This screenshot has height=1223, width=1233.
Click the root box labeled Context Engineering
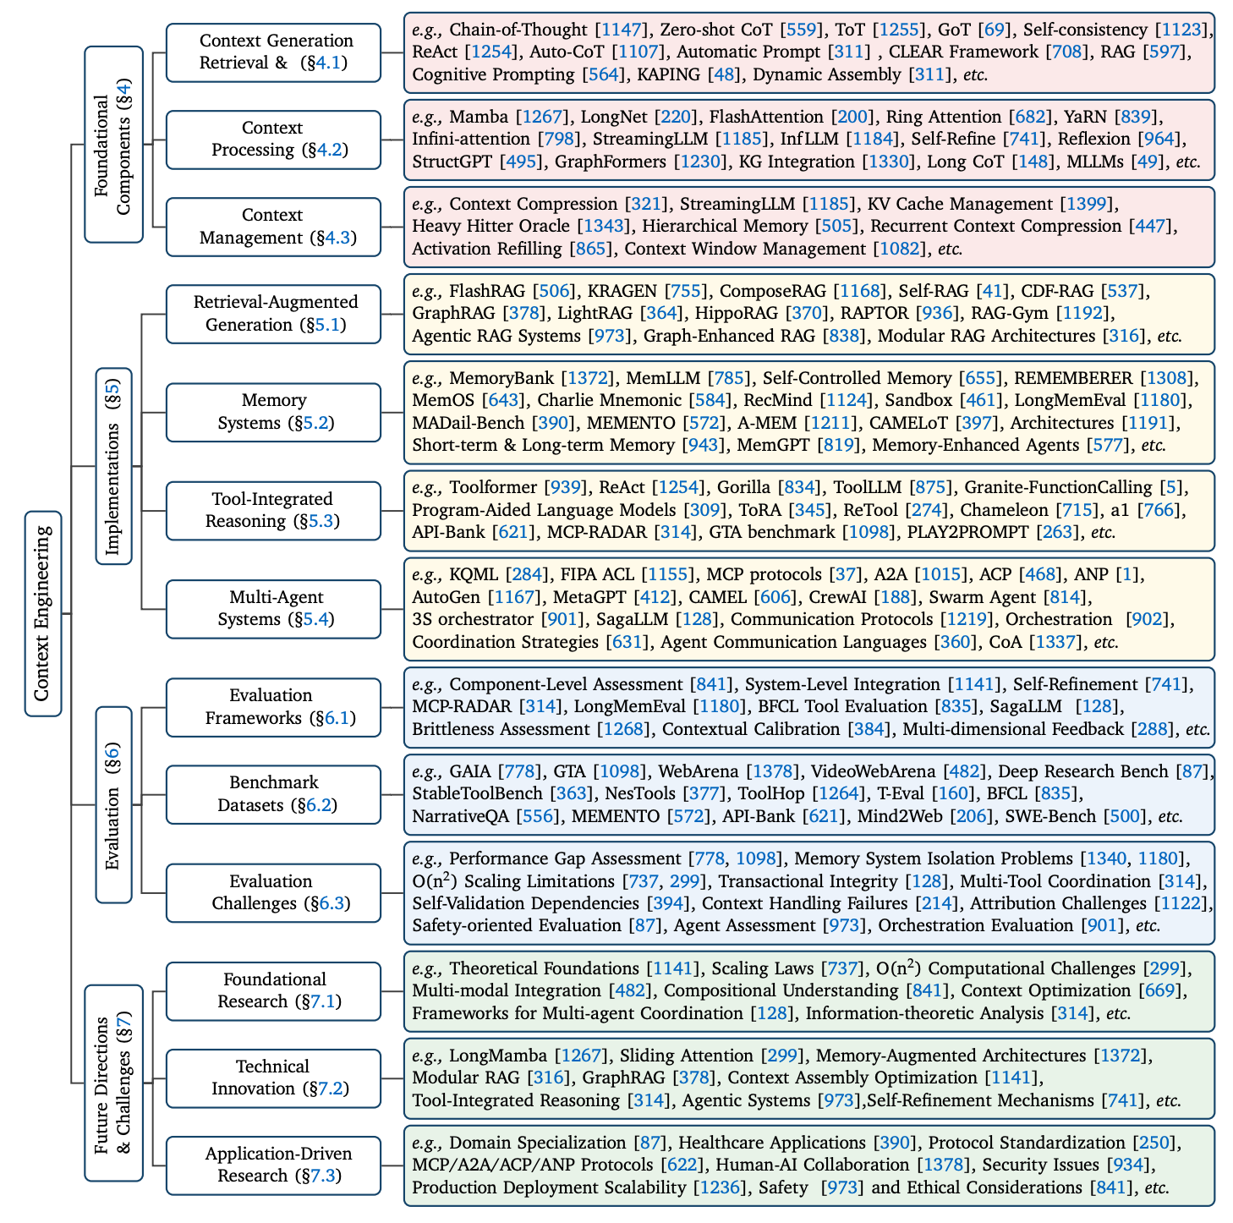tap(43, 613)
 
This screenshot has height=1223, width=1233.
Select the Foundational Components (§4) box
tap(113, 145)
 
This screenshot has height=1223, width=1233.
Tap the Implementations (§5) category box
tap(113, 465)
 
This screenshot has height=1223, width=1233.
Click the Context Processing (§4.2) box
tap(273, 140)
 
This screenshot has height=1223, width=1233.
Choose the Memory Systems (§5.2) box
tap(273, 412)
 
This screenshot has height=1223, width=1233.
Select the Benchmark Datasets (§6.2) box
tap(273, 794)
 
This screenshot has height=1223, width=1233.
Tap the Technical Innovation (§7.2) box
tap(273, 1078)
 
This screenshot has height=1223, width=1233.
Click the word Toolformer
tap(493, 487)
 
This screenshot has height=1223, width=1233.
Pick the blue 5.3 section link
tap(321, 521)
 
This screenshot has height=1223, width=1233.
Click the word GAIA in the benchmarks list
tap(469, 771)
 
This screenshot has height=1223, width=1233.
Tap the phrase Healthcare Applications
tap(772, 1143)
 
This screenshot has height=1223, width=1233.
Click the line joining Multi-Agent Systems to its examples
tap(392, 609)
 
